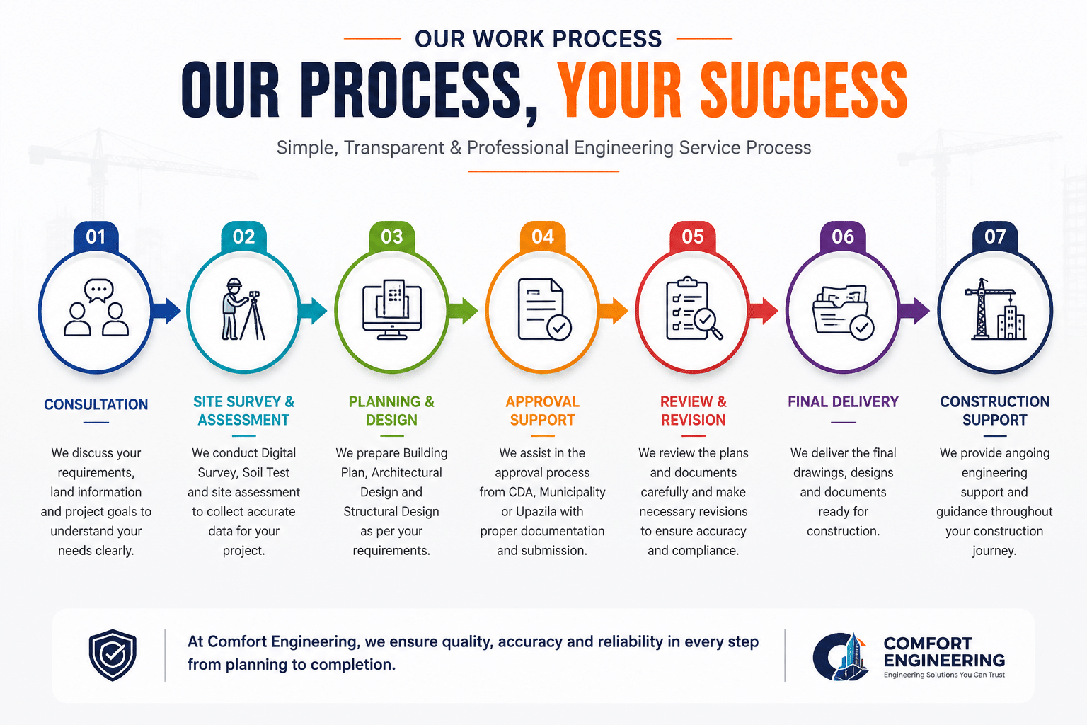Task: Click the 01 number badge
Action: pyautogui.click(x=96, y=237)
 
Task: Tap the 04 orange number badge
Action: pyautogui.click(x=543, y=237)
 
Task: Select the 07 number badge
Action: pyautogui.click(x=994, y=237)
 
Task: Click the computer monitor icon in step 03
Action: pyautogui.click(x=391, y=310)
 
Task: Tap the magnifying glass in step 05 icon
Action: pyautogui.click(x=708, y=324)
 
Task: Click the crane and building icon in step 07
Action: pyautogui.click(x=995, y=309)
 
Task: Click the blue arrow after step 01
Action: pyautogui.click(x=166, y=311)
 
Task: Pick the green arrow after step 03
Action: pyautogui.click(x=462, y=311)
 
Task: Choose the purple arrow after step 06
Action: pyautogui.click(x=914, y=311)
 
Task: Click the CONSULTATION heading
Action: pyautogui.click(x=96, y=404)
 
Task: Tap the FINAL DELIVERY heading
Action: pyautogui.click(x=843, y=401)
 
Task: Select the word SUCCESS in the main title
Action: pyautogui.click(x=804, y=90)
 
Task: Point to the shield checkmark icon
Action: pyautogui.click(x=113, y=655)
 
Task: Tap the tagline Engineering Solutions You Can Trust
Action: pyautogui.click(x=944, y=675)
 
